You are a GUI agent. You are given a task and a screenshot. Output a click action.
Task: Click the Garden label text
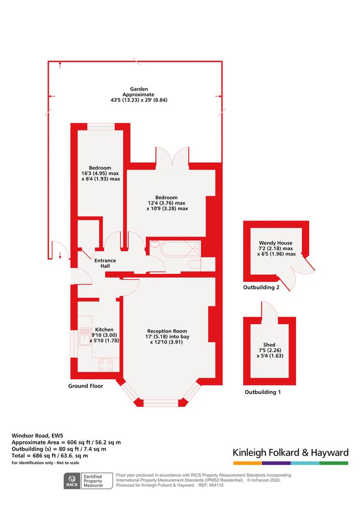[x=139, y=89]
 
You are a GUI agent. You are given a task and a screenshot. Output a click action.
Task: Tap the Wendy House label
[x=276, y=243]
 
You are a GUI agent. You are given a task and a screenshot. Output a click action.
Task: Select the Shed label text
[x=269, y=345]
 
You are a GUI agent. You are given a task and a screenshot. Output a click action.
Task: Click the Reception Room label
[x=167, y=331]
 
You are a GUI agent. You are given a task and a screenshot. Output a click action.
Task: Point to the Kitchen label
[x=104, y=329]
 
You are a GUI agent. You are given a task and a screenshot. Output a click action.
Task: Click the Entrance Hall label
[x=105, y=263]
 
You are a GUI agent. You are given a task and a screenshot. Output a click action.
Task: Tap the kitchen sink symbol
[x=85, y=337]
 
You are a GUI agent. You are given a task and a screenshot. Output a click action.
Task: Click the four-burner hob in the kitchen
[x=106, y=365]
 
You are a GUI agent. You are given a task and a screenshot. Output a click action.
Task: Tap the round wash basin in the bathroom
[x=155, y=245]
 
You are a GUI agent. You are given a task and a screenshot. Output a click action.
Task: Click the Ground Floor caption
[x=86, y=386]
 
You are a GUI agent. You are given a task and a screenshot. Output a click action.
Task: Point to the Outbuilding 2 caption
[x=261, y=287]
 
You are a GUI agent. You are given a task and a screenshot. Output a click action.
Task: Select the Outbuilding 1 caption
[x=263, y=392]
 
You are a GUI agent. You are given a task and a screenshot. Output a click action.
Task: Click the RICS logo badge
[x=72, y=481]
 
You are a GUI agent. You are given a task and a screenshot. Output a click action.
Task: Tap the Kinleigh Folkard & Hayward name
[x=291, y=453]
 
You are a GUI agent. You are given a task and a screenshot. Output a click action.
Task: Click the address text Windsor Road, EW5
[x=37, y=435]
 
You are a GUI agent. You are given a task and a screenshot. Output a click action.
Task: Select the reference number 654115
[x=215, y=485]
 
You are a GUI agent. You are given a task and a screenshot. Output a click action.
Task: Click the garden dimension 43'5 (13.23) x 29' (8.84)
[x=139, y=100]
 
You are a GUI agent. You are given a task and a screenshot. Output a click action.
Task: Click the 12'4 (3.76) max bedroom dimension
[x=167, y=203]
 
